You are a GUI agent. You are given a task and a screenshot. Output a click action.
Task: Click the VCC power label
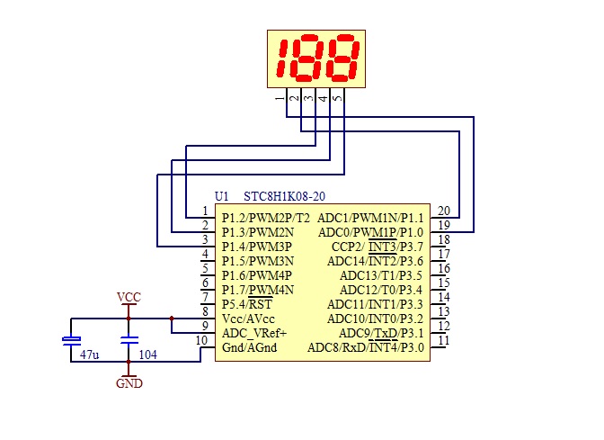coord(129,297)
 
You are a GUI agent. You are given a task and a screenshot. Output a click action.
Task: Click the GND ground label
coord(129,383)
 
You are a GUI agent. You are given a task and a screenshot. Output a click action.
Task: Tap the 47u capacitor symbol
coord(71,340)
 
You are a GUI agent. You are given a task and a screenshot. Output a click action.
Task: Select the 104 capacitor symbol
coord(129,340)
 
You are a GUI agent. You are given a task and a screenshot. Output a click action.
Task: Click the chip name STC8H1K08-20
coord(284,196)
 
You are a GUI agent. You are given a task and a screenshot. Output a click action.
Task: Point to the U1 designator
coord(221,196)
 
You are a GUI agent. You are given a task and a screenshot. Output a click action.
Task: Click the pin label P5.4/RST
coord(247,304)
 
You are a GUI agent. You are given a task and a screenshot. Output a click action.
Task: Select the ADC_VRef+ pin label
coord(254,333)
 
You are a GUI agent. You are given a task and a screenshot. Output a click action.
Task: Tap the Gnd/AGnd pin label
coord(249,347)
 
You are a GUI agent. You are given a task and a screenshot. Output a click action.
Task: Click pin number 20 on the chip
coord(444,211)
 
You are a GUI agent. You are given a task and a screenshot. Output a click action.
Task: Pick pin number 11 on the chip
coord(444,340)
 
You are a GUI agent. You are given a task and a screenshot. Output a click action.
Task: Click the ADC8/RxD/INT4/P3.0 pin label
coord(366,347)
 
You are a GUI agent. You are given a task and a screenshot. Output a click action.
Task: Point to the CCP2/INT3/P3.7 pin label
coord(377,247)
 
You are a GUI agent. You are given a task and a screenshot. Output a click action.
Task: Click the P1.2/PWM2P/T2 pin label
coord(266,219)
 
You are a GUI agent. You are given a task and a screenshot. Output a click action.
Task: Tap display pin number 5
coord(337,98)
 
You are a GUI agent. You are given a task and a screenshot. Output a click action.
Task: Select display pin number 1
coord(280,98)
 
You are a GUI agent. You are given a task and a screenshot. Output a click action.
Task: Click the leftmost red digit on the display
coord(284,58)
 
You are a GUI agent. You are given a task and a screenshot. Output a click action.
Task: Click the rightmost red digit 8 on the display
coord(342,58)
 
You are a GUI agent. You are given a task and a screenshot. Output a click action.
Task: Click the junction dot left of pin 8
coord(172,319)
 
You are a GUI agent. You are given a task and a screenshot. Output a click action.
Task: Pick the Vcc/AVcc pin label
coord(248,319)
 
